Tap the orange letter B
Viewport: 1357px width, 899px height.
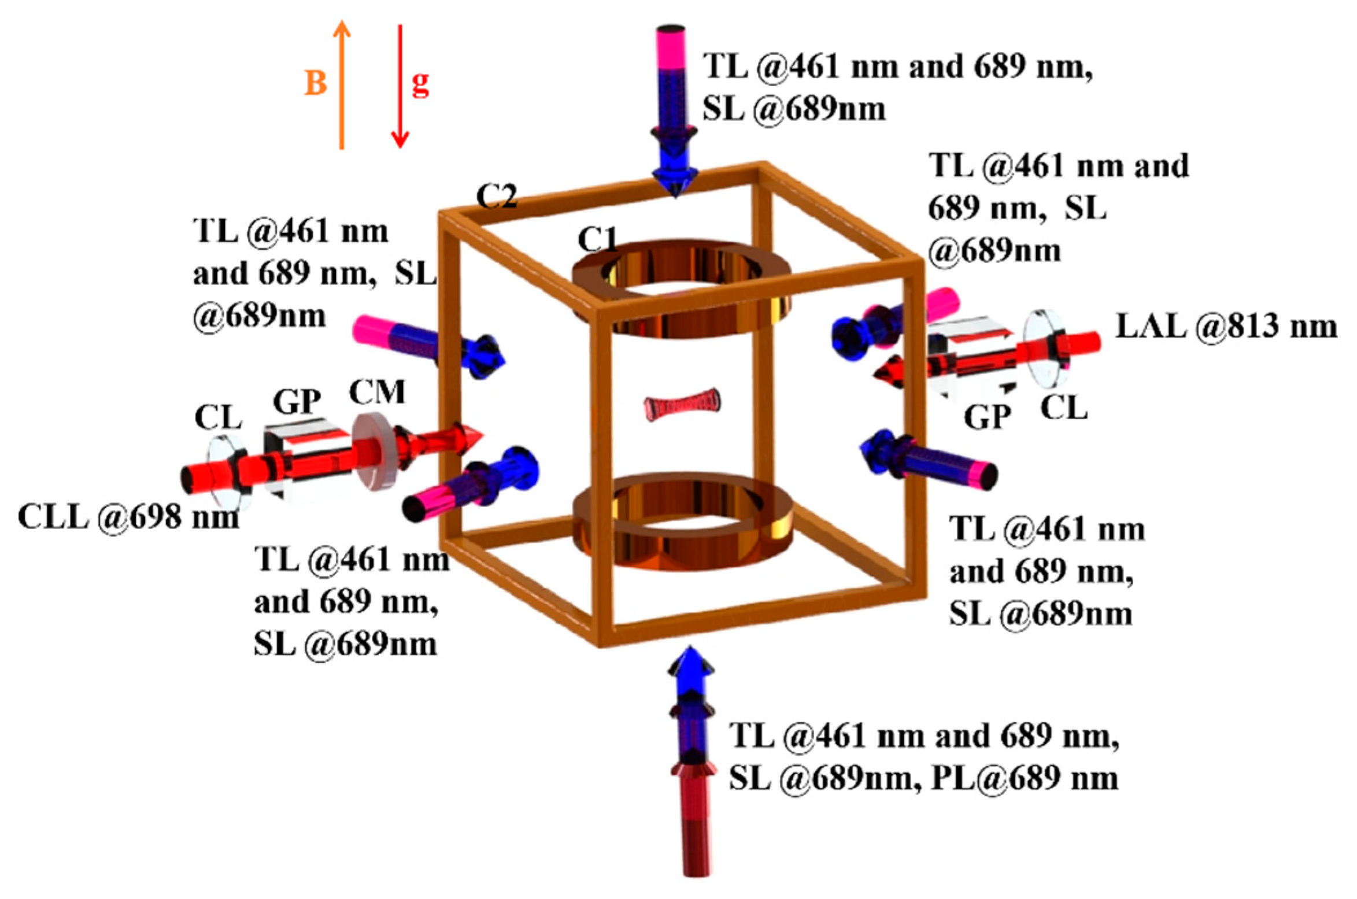coord(316,83)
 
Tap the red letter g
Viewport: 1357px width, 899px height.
coord(420,83)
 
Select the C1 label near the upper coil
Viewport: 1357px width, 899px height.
coord(597,239)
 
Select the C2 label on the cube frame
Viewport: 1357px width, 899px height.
coord(496,197)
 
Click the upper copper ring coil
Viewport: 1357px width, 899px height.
coord(681,289)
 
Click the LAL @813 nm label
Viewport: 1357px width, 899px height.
coord(1226,327)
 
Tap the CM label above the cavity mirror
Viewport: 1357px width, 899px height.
coord(377,393)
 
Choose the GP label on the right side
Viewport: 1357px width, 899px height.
coord(988,416)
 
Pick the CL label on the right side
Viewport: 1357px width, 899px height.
coord(1064,408)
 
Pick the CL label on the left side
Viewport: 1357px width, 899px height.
coord(218,417)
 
